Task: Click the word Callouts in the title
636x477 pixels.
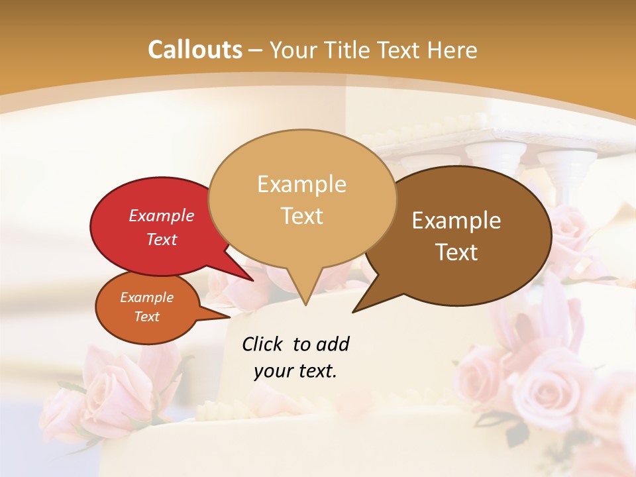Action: click(x=195, y=50)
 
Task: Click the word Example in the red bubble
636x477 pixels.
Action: click(x=161, y=216)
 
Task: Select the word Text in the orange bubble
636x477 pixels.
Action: click(x=147, y=317)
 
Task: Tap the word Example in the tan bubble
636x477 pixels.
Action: click(x=301, y=184)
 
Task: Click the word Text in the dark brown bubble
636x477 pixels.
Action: click(x=456, y=252)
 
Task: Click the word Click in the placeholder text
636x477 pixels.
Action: click(x=264, y=344)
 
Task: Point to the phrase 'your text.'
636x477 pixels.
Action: click(x=295, y=371)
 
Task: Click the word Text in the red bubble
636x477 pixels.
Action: click(x=161, y=240)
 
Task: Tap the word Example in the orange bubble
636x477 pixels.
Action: click(x=146, y=297)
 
